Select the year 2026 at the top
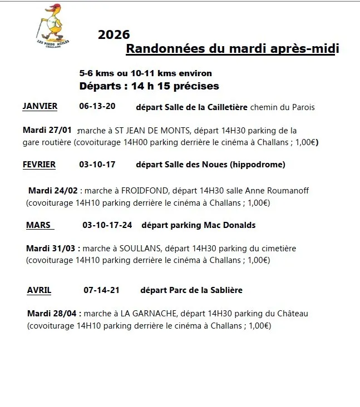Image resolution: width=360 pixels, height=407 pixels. (114, 35)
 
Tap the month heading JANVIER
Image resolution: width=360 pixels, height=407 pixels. (40, 106)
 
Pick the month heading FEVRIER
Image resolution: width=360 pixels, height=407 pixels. (39, 164)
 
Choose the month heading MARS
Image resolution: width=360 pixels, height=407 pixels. (38, 225)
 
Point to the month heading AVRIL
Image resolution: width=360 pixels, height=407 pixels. (39, 290)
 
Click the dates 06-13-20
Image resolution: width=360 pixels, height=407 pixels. (97, 106)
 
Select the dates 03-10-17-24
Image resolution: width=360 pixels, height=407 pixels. (107, 225)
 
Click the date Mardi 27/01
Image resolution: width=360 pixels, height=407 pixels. (47, 130)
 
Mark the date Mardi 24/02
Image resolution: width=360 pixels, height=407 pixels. (53, 190)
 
